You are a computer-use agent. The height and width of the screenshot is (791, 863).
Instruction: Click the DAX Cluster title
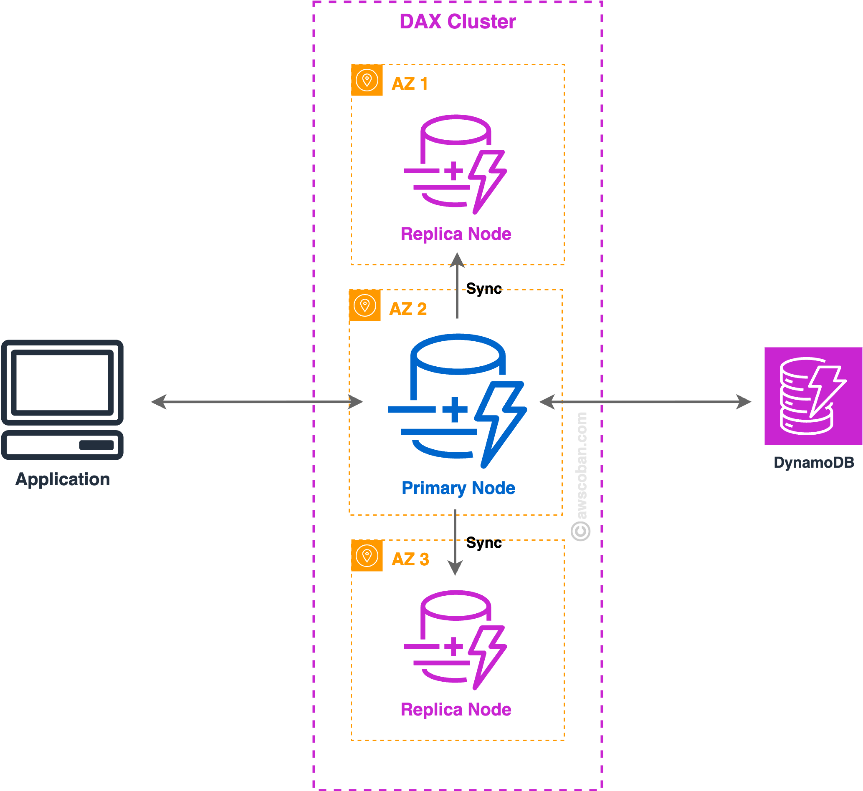click(x=458, y=21)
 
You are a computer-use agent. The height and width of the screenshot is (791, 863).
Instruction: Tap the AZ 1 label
click(x=410, y=83)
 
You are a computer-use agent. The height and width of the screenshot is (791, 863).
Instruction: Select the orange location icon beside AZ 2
click(x=365, y=305)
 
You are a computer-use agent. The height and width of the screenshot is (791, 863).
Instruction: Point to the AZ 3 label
click(x=410, y=559)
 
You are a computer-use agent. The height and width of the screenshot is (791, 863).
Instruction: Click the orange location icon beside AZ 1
click(x=367, y=80)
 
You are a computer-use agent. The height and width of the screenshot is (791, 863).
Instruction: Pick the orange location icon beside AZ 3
click(x=367, y=556)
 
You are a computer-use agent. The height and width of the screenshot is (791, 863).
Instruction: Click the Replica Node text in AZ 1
click(x=456, y=234)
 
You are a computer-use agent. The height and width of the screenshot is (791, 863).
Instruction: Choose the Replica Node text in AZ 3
click(x=456, y=709)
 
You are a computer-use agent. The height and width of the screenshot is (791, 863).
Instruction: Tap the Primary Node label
click(x=458, y=488)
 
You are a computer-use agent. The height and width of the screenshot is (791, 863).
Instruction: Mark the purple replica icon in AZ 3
click(x=455, y=640)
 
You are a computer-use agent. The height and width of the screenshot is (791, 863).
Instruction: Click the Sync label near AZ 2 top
click(x=484, y=289)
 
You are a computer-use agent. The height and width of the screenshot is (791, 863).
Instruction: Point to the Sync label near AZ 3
click(x=484, y=543)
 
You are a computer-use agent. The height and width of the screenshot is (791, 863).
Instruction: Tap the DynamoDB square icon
click(x=813, y=396)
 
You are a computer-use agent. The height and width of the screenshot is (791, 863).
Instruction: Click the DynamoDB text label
click(x=814, y=463)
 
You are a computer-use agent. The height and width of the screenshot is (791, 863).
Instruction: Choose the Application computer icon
click(x=63, y=400)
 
